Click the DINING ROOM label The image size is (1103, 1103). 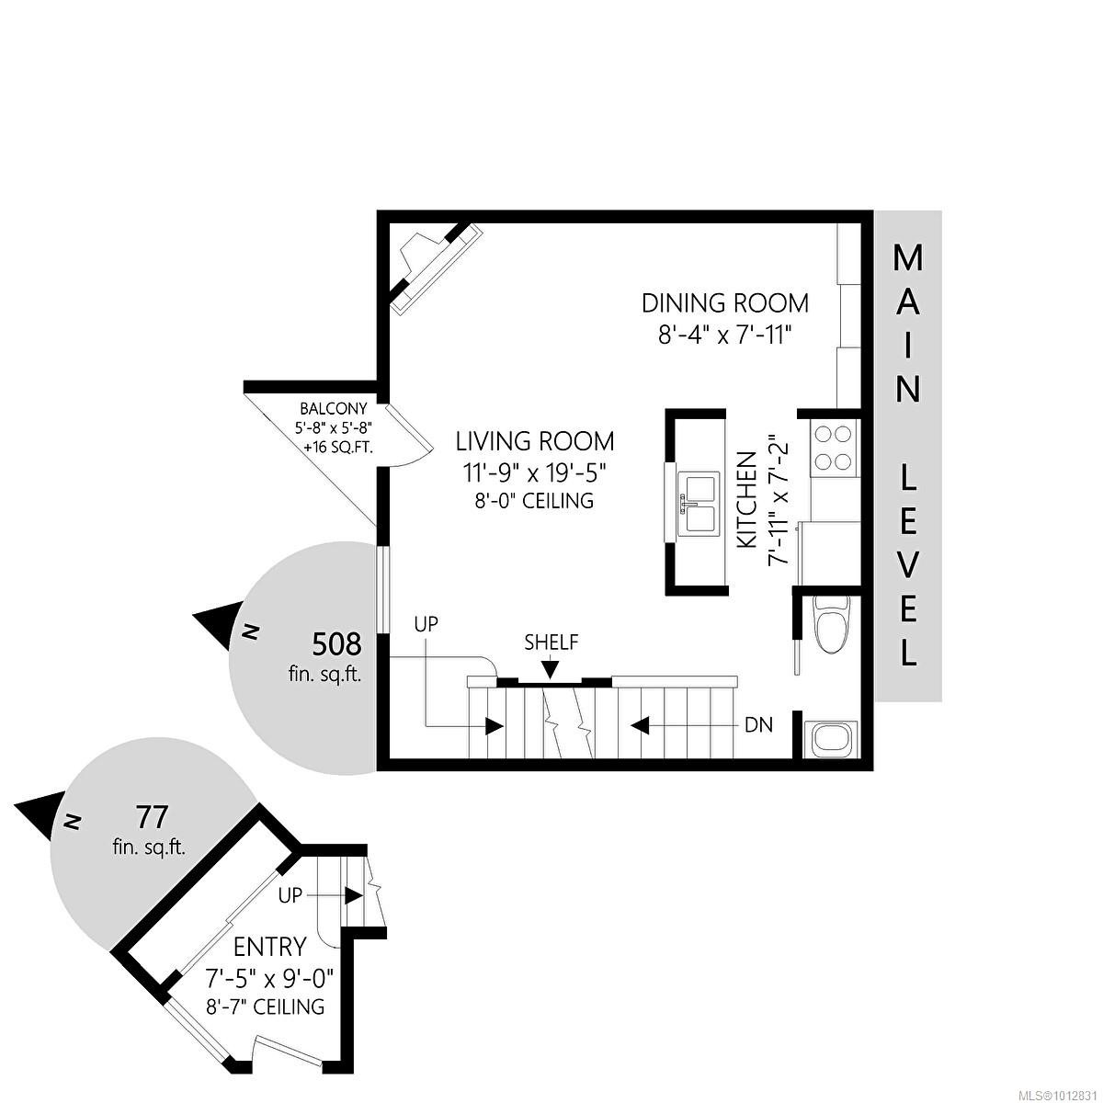click(724, 302)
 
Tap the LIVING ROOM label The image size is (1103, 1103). click(535, 441)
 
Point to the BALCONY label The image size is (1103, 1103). click(333, 409)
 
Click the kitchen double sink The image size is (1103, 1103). click(698, 504)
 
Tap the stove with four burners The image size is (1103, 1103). click(834, 447)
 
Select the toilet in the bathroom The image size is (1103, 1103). click(833, 624)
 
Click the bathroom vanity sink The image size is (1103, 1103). click(830, 740)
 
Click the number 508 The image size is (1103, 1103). click(336, 644)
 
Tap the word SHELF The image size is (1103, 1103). click(551, 642)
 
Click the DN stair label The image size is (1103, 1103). click(759, 725)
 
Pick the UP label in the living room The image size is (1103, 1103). click(426, 624)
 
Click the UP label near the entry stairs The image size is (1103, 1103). click(290, 894)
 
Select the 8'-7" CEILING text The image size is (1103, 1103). click(267, 1006)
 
